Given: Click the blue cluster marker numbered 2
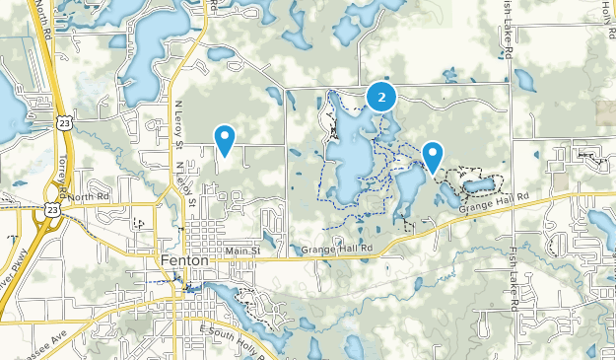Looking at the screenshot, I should (381, 96).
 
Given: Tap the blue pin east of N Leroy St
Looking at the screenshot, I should (225, 139).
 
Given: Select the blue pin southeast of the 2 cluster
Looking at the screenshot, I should (432, 155).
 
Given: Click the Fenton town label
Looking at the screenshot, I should (184, 260).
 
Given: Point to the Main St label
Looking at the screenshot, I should (240, 252).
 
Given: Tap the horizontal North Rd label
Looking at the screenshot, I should (87, 197).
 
